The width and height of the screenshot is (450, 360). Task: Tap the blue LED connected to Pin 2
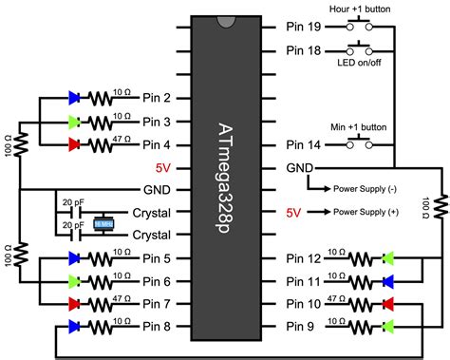coord(73,98)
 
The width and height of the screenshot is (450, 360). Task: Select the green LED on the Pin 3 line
coord(73,122)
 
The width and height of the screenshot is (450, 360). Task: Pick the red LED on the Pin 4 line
coord(73,144)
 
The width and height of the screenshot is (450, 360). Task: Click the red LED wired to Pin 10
coord(387,303)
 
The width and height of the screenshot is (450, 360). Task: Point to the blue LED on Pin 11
coord(387,280)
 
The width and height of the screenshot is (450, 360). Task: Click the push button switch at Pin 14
coord(359,143)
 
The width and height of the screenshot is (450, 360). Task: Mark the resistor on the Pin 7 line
coord(100,303)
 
